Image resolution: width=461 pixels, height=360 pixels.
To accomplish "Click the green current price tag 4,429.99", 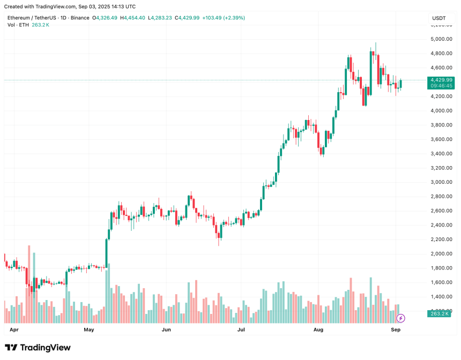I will click(x=440, y=80).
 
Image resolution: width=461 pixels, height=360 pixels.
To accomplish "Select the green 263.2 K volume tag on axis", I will click(x=440, y=314).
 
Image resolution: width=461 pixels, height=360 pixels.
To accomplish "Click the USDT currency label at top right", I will click(x=439, y=18).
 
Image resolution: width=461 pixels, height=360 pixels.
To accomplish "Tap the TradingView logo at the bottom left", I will click(x=38, y=348).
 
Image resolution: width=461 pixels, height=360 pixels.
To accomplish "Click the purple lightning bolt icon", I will click(x=400, y=318).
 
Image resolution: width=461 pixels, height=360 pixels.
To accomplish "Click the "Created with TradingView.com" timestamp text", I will click(x=70, y=6).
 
